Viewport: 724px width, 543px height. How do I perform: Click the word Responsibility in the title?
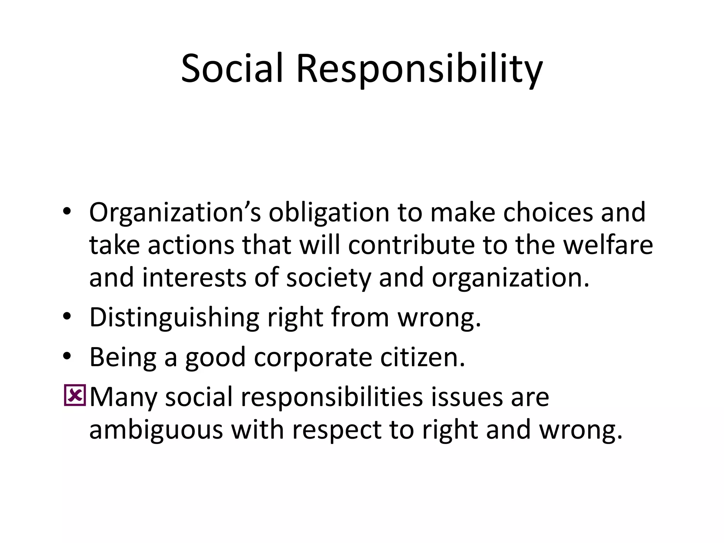pos(419,69)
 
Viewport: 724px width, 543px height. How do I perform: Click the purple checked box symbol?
pos(75,395)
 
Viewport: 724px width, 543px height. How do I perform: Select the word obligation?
pos(328,213)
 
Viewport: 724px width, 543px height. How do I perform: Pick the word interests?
pos(194,278)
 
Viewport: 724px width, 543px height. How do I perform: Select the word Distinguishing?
pos(174,318)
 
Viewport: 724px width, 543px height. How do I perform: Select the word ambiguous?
pos(156,430)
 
